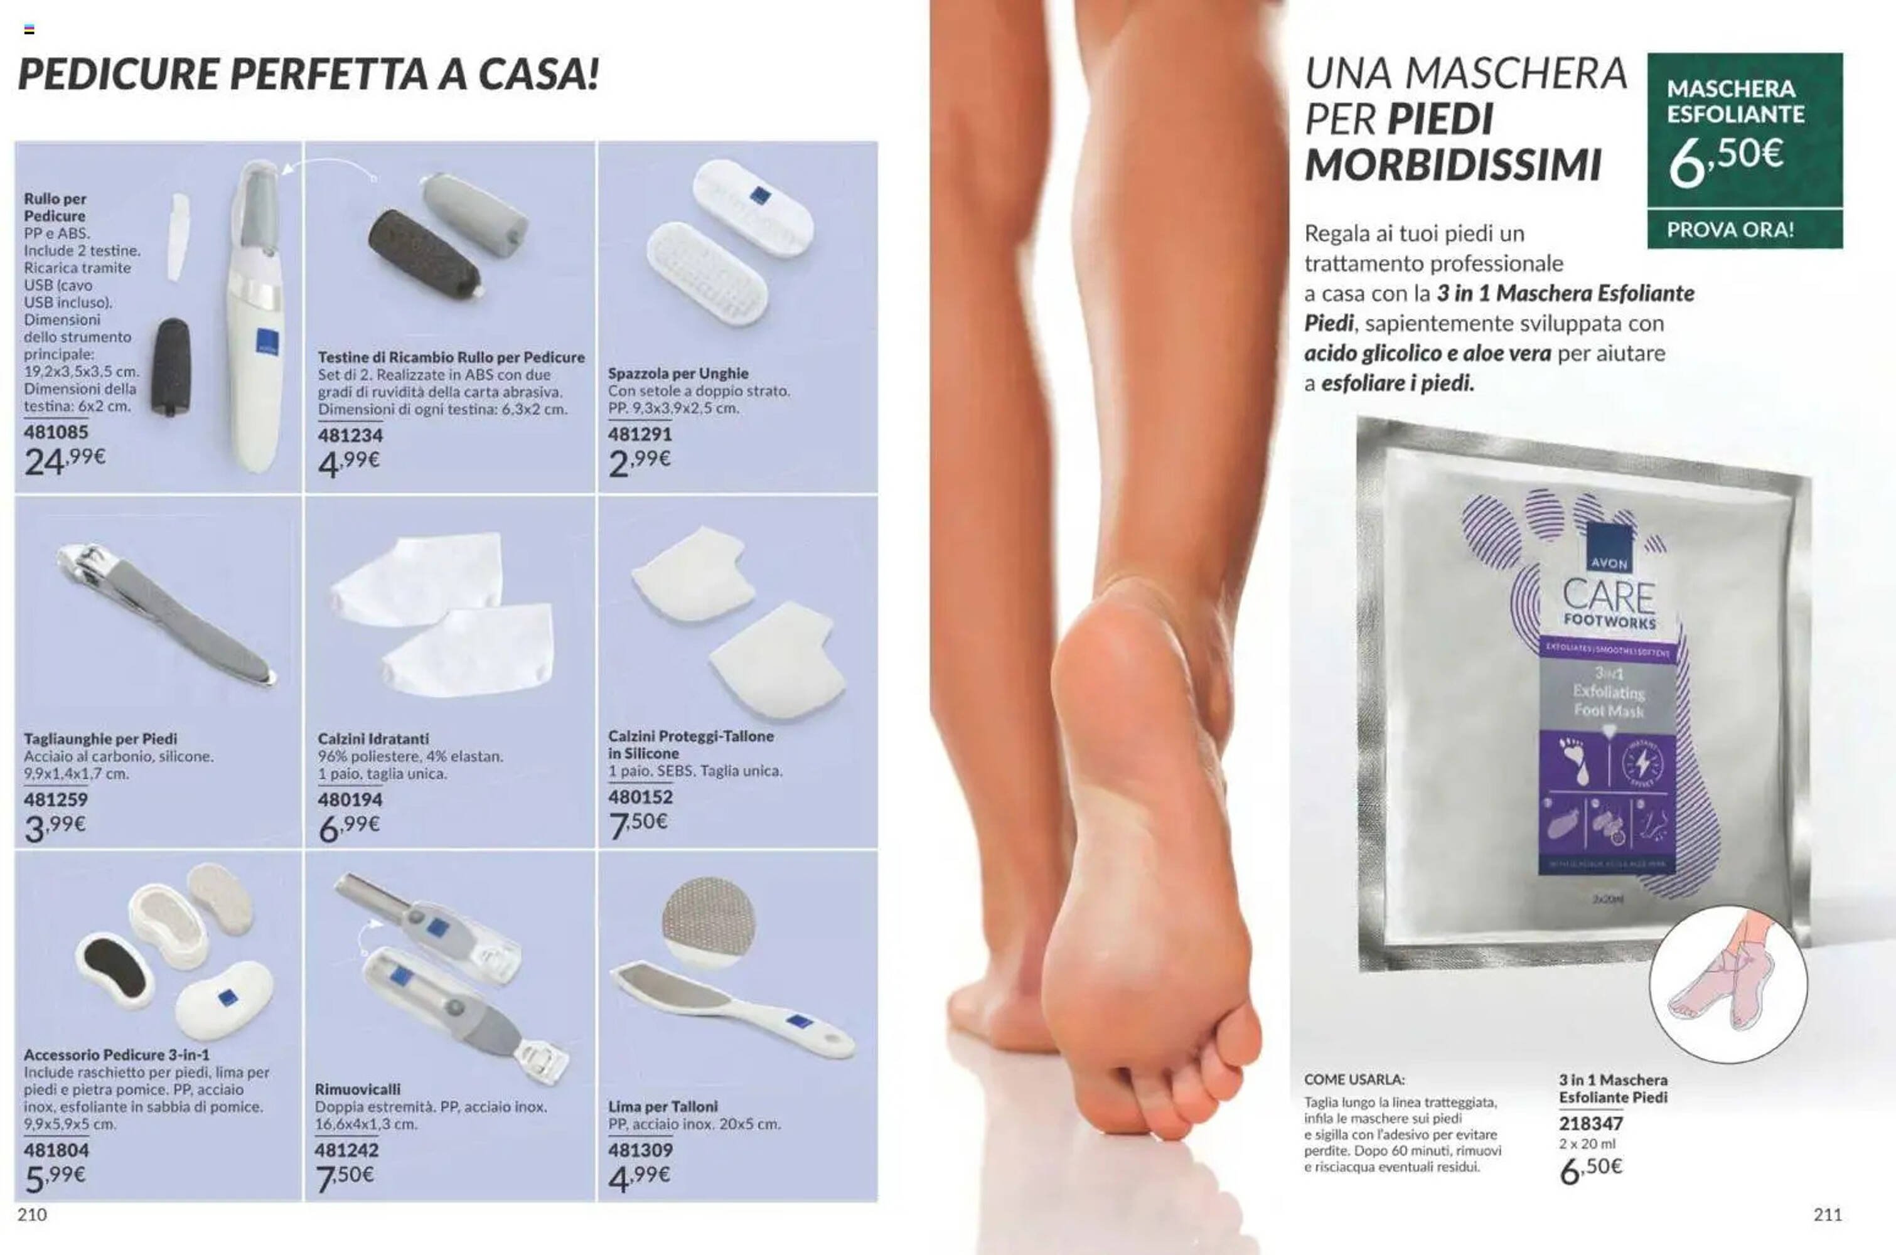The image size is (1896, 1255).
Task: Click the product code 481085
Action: coord(56,432)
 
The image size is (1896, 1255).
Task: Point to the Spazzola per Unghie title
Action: coord(678,373)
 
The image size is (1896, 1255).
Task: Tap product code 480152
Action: coord(640,796)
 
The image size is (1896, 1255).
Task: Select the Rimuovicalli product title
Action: coord(357,1089)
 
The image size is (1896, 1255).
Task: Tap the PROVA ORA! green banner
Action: coord(1744,230)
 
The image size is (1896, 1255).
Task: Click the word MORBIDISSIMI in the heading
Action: coord(1453,166)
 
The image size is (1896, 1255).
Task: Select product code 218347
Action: coord(1590,1124)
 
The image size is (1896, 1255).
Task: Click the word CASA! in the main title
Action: coord(538,75)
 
